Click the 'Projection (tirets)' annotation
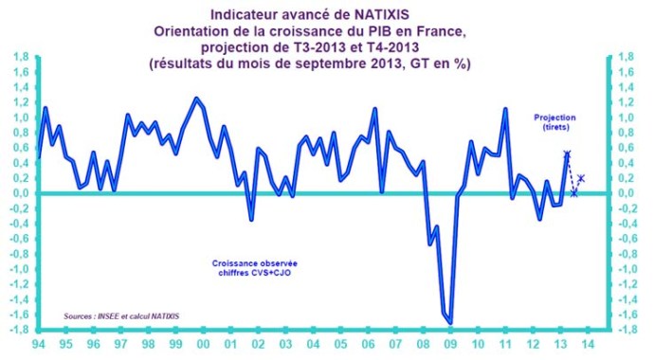[554, 122]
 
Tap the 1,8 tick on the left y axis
[18, 57]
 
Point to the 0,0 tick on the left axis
[18, 193]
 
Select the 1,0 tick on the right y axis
[622, 117]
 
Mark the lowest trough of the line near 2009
[450, 322]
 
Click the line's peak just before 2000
[195, 98]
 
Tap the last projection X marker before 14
[581, 178]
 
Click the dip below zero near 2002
[251, 220]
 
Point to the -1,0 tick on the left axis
[18, 269]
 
